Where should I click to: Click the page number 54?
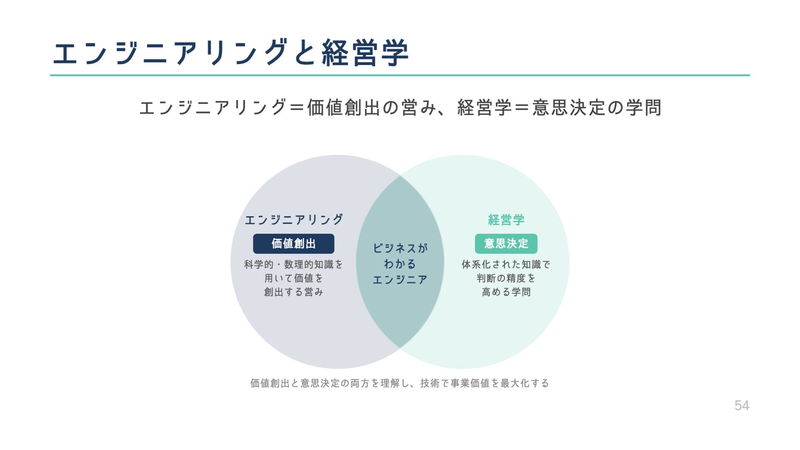pos(742,405)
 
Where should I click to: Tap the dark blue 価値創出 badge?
pos(293,244)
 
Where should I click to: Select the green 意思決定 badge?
pos(506,244)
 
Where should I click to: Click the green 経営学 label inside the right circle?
pos(506,220)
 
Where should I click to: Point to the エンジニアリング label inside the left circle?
pos(293,220)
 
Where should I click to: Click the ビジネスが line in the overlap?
pos(400,248)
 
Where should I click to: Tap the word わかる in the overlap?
pos(400,264)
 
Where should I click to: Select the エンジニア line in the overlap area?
pos(400,280)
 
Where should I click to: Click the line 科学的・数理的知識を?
pos(293,265)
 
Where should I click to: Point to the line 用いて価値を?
pos(293,278)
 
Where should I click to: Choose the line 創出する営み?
pos(293,292)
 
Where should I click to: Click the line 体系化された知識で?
pos(506,265)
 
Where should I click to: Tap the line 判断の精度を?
pos(506,278)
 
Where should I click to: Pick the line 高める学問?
pos(506,292)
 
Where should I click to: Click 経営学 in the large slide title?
pos(365,53)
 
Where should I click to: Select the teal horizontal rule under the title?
pos(400,75)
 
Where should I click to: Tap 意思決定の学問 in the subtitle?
pos(597,107)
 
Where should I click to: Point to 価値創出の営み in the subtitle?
pos(362,107)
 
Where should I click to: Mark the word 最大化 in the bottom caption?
pos(515,383)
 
